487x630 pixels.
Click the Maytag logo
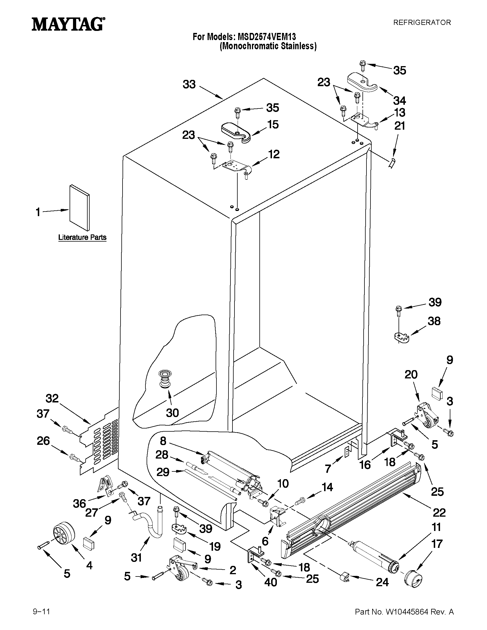[x=68, y=24]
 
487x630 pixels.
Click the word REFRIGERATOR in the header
[x=422, y=23]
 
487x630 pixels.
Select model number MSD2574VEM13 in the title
[x=267, y=37]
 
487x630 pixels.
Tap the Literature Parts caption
[x=82, y=237]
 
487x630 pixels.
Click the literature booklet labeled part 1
[x=79, y=208]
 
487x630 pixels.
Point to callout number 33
[x=189, y=84]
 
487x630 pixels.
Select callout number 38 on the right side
[x=434, y=321]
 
